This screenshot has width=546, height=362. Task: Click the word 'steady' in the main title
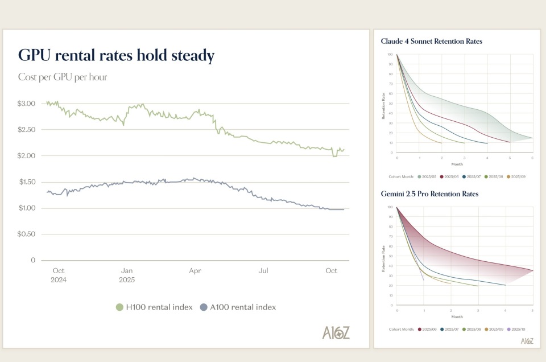[x=187, y=56]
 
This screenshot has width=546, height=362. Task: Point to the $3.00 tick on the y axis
[x=27, y=104]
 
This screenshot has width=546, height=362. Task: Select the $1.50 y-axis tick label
[x=27, y=182]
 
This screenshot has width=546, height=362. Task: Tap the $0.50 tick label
[x=27, y=234]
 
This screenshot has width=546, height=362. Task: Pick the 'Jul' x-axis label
[x=263, y=271]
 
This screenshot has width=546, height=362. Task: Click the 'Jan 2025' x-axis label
[x=127, y=275]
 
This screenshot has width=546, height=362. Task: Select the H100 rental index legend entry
[x=154, y=307]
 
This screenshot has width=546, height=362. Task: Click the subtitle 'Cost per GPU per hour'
[x=63, y=77]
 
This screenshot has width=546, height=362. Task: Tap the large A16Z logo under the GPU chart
[x=336, y=333]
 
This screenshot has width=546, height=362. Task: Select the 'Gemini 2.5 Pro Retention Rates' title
[x=429, y=194]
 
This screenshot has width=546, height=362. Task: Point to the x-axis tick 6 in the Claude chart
[x=532, y=157]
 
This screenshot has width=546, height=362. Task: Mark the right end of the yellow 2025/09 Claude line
[x=441, y=143]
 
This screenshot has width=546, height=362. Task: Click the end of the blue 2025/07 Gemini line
[x=506, y=285]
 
